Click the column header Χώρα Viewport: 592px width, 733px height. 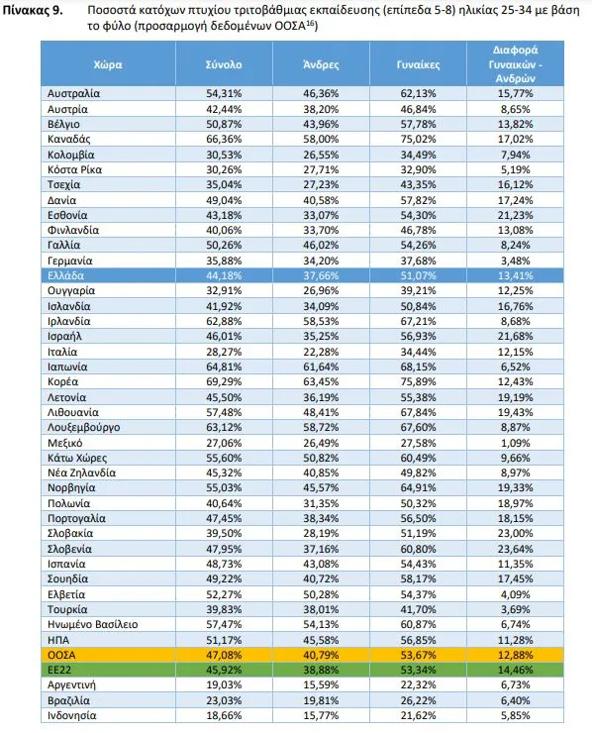108,64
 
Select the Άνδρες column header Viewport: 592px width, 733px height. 321,64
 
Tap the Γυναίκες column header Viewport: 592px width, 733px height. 418,64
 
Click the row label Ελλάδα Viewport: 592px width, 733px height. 66,275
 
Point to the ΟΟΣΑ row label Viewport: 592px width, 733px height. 61,655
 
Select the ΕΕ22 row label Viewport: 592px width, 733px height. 59,670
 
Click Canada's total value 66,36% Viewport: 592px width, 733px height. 224,140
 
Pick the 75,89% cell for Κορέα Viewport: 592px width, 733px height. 418,382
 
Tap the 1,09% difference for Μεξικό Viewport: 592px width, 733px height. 516,443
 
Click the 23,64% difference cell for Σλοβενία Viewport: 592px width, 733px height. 515,549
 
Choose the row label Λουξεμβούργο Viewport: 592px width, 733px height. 83,427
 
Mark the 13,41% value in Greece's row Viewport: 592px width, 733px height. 515,275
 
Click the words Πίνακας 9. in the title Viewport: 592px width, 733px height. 33,10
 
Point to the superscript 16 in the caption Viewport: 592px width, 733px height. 309,24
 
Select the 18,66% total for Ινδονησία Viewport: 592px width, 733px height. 224,715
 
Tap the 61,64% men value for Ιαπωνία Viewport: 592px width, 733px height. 321,366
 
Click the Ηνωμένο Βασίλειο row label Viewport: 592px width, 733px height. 92,625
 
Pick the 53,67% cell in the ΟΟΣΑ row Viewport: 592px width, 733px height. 418,655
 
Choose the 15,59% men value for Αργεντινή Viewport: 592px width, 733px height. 321,684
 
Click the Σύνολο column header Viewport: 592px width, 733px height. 224,64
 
